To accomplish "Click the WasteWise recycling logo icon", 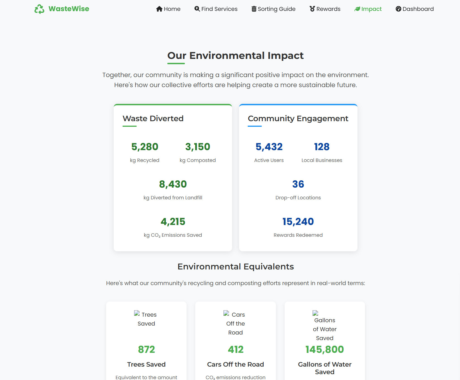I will click(x=39, y=9).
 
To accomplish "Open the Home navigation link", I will click(x=168, y=9).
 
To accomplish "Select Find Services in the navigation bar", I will click(x=216, y=9).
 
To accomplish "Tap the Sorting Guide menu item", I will click(x=273, y=9).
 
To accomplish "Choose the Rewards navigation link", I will click(x=325, y=9).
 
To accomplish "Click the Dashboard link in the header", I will click(x=414, y=9).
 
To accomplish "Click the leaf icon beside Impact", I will click(x=357, y=9).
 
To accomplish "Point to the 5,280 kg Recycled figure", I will click(x=145, y=147).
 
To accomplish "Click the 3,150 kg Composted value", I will click(x=198, y=147).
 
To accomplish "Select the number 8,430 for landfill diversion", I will click(x=173, y=184).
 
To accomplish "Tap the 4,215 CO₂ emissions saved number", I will click(x=173, y=222).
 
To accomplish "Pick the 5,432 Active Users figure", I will click(x=269, y=147).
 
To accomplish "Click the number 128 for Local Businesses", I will click(x=322, y=147).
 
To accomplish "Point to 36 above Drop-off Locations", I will click(x=298, y=184).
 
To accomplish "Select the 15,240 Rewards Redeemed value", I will click(x=298, y=222).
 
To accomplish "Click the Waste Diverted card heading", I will click(x=153, y=118).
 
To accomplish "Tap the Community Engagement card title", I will click(x=298, y=118).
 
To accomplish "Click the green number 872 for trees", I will click(x=146, y=350).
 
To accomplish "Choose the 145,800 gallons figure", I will click(x=325, y=350).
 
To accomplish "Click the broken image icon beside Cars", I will click(x=226, y=313).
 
